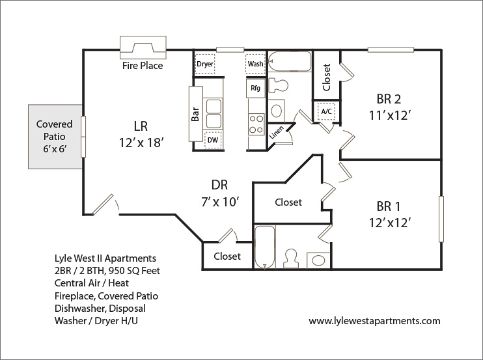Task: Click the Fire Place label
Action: click(x=143, y=66)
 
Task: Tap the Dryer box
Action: click(x=205, y=64)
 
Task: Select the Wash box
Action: click(x=255, y=64)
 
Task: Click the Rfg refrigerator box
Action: click(x=255, y=87)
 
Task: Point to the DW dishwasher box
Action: click(x=213, y=139)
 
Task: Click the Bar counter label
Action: click(x=195, y=115)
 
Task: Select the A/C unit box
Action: click(x=326, y=111)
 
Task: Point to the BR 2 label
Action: click(x=388, y=100)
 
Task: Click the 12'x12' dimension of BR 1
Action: click(x=389, y=222)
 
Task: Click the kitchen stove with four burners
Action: click(x=255, y=123)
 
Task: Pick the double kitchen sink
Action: click(x=213, y=114)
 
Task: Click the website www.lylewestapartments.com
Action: click(x=374, y=321)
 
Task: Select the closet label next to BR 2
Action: click(x=327, y=77)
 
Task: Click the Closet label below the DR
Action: click(x=227, y=256)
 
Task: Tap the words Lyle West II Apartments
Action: click(x=105, y=258)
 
